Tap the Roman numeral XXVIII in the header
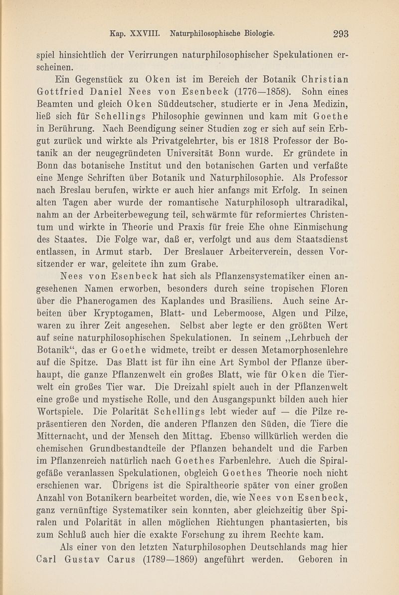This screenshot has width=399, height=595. pos(144,33)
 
